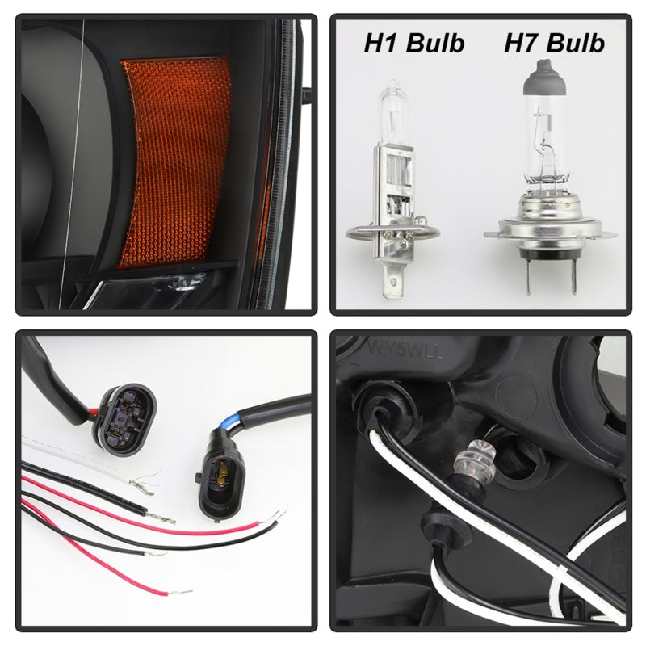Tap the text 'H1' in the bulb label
380,43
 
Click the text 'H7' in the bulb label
520,43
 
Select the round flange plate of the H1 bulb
392,233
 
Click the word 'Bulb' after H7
574,43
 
